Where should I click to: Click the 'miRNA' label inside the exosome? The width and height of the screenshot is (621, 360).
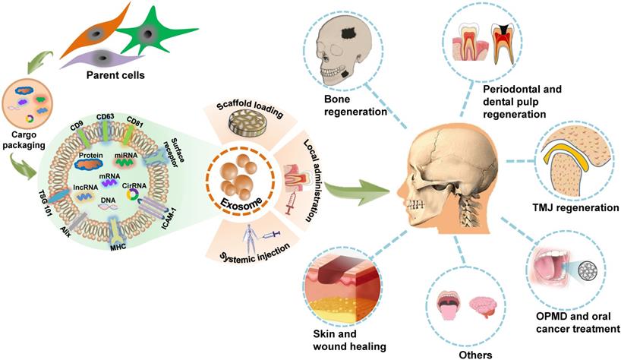click(147, 154)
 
